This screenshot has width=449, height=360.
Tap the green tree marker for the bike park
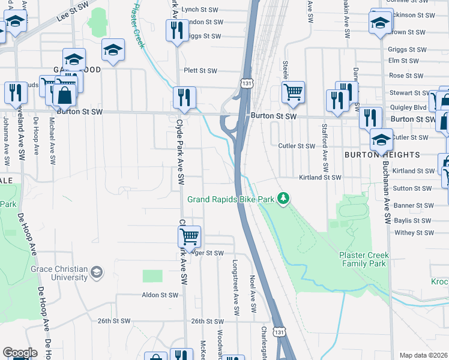click(x=282, y=199)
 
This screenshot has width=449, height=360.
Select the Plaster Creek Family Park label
click(x=363, y=259)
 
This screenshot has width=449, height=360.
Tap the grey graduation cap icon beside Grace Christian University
click(x=95, y=274)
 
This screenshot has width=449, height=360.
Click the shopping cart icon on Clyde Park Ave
click(x=190, y=236)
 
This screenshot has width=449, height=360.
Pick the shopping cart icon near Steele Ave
click(x=293, y=92)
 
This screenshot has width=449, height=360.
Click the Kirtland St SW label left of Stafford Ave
click(x=320, y=178)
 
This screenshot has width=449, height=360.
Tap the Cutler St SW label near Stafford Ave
click(x=297, y=146)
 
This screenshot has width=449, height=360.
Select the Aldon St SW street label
click(x=160, y=295)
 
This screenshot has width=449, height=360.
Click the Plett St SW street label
click(x=200, y=71)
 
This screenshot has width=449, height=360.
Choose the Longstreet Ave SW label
click(x=237, y=287)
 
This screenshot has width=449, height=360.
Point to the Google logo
click(x=20, y=353)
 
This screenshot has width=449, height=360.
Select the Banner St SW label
click(x=413, y=205)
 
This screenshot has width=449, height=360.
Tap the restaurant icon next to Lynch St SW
click(x=176, y=31)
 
